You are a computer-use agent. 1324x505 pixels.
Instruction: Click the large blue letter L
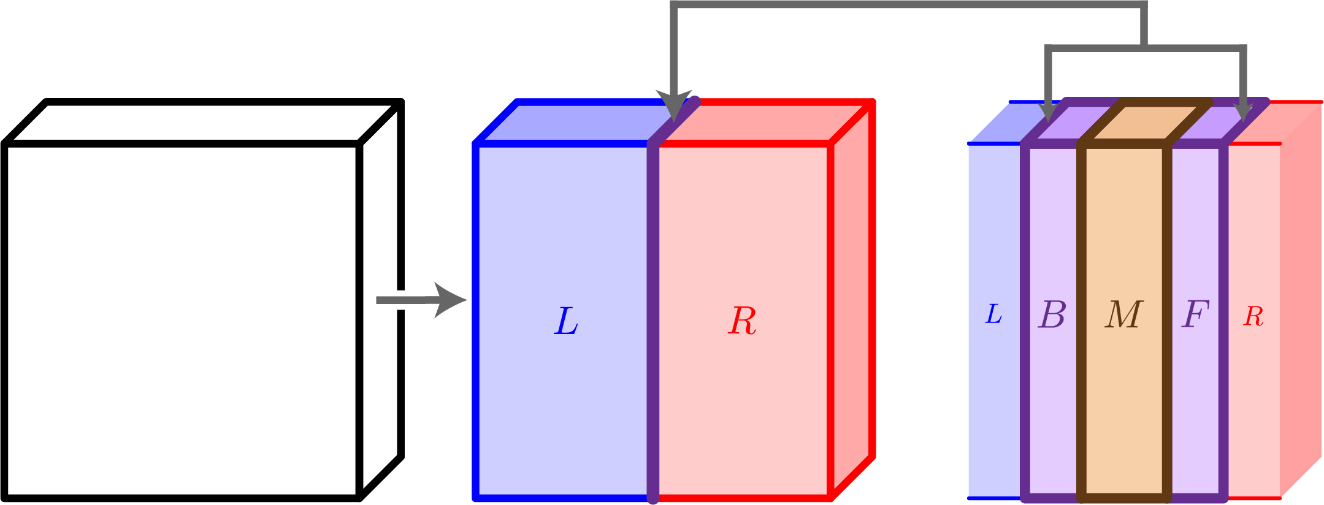[566, 321]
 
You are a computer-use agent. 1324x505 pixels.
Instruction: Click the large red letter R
[742, 321]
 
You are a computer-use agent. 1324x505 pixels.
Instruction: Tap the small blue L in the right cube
[993, 314]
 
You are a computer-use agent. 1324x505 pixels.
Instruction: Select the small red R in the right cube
[1253, 317]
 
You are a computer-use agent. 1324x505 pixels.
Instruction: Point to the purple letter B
[1052, 315]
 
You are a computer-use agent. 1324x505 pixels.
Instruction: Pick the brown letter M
[1124, 315]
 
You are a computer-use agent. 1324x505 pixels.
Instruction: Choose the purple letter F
[1195, 314]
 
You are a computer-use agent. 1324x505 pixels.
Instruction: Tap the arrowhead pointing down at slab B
[1049, 113]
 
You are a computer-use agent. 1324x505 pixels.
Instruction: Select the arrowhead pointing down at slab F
[1244, 113]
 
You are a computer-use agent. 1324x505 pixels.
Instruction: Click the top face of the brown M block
[1144, 122]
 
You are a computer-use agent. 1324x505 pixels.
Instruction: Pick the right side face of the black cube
[380, 245]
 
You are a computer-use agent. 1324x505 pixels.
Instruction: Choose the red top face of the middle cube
[767, 122]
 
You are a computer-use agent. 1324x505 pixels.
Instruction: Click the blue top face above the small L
[1000, 126]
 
